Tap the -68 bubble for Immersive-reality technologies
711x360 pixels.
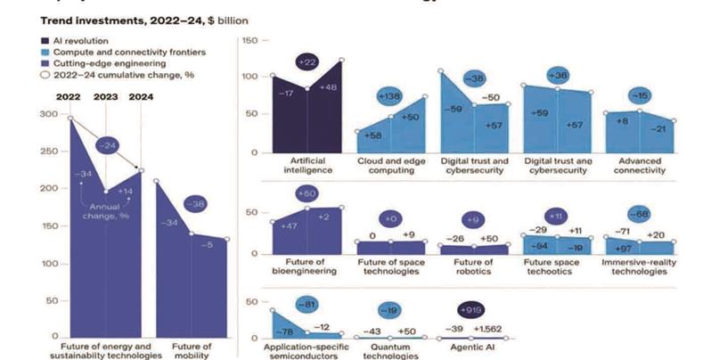coord(638,214)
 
